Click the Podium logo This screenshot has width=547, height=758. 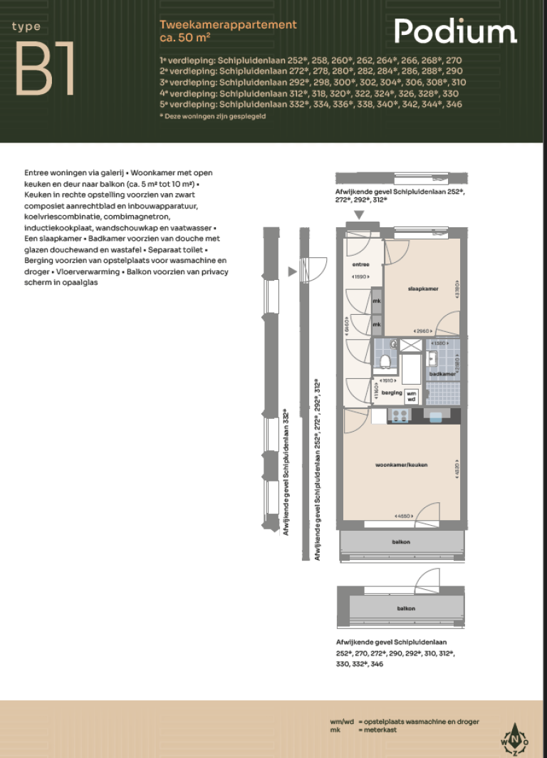[x=456, y=32]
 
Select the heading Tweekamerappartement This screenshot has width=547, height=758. [x=228, y=25]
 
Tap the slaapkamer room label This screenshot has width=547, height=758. [x=422, y=289]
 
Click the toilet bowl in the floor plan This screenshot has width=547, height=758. [x=385, y=361]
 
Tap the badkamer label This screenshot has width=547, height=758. [x=442, y=373]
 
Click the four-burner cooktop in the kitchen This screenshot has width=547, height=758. [x=399, y=417]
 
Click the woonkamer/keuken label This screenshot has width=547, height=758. [x=402, y=464]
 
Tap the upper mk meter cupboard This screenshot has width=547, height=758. [x=377, y=301]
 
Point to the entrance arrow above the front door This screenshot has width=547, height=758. [x=360, y=215]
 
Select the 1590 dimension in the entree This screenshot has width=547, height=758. [x=360, y=276]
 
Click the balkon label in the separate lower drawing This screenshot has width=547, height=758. [x=406, y=608]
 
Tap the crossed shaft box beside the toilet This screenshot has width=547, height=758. [x=410, y=346]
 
